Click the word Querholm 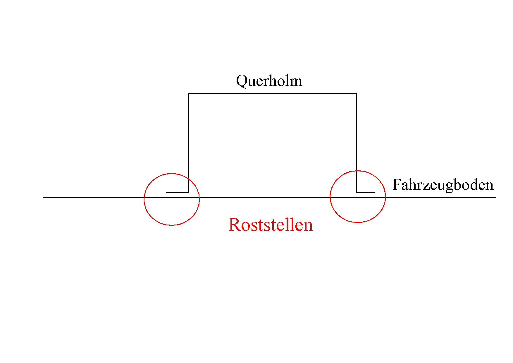click(x=269, y=81)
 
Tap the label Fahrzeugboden click(x=443, y=185)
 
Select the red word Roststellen click(x=271, y=225)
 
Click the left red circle click(x=144, y=199)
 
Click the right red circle click(x=385, y=196)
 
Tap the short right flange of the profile click(x=366, y=192)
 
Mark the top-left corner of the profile click(x=189, y=94)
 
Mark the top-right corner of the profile click(x=357, y=94)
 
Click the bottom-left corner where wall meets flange click(x=189, y=192)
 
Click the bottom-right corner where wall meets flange click(x=357, y=192)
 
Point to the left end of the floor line click(x=44, y=197)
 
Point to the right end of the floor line click(x=495, y=197)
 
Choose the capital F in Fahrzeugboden click(x=397, y=185)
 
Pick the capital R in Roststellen click(x=235, y=225)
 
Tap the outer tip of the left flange click(x=167, y=192)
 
